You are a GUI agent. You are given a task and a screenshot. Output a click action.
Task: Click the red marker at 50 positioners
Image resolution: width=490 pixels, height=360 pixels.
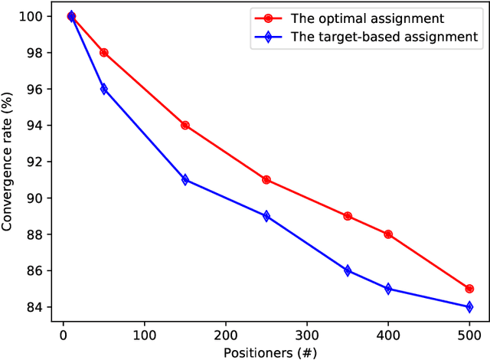click(104, 53)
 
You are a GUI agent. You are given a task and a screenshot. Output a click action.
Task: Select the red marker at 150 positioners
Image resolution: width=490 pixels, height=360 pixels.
click(185, 126)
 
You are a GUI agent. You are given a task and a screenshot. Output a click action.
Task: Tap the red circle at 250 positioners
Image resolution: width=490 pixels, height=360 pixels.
click(266, 180)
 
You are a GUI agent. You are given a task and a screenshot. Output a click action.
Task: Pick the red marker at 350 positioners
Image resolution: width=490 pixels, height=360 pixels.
click(348, 216)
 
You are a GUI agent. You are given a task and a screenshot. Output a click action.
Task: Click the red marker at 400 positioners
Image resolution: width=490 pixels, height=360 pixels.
click(388, 234)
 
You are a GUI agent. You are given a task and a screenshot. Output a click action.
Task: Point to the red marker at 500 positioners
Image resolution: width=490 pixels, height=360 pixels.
click(469, 289)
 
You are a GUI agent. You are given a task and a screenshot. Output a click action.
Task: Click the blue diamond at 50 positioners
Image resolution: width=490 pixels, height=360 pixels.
click(104, 89)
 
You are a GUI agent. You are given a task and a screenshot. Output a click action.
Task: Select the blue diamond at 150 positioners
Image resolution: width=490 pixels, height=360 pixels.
click(185, 180)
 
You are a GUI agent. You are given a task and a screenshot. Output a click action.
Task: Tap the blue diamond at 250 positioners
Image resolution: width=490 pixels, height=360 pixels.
click(266, 216)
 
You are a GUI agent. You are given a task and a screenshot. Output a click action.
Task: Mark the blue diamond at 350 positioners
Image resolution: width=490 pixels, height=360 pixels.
click(348, 270)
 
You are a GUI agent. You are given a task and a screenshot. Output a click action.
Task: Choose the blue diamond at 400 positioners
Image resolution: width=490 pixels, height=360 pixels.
click(388, 289)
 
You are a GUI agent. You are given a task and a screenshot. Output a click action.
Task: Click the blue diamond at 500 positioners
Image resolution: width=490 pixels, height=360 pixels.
click(469, 307)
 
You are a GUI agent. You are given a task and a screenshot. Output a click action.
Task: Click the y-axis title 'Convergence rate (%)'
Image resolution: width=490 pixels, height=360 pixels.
click(9, 161)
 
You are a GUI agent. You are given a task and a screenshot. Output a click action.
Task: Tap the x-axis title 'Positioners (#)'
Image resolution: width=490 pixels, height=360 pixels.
click(266, 352)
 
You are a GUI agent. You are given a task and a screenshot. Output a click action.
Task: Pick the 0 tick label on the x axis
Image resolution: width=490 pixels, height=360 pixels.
click(64, 334)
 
